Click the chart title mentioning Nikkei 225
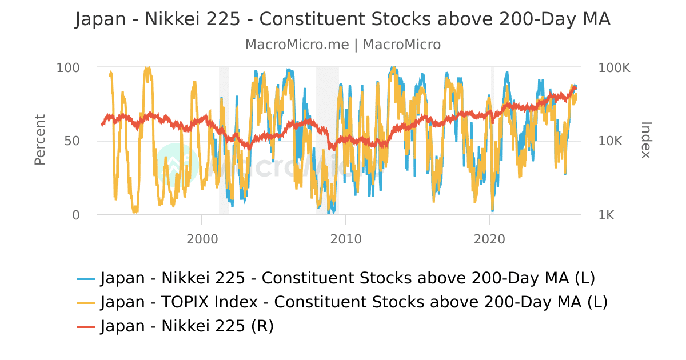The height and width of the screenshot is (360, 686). click(343, 19)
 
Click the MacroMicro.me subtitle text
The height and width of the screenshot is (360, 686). click(343, 45)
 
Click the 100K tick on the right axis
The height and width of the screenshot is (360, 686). click(614, 67)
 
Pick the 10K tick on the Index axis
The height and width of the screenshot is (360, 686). click(610, 141)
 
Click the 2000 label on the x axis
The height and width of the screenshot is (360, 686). click(202, 239)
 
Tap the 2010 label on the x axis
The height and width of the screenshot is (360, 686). click(346, 239)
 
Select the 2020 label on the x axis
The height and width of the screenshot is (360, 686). click(490, 239)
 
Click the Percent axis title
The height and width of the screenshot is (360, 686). click(39, 141)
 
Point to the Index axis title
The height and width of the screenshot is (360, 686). click(646, 141)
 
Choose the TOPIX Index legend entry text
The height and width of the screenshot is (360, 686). click(354, 302)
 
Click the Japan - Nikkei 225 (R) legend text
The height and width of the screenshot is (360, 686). click(187, 326)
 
